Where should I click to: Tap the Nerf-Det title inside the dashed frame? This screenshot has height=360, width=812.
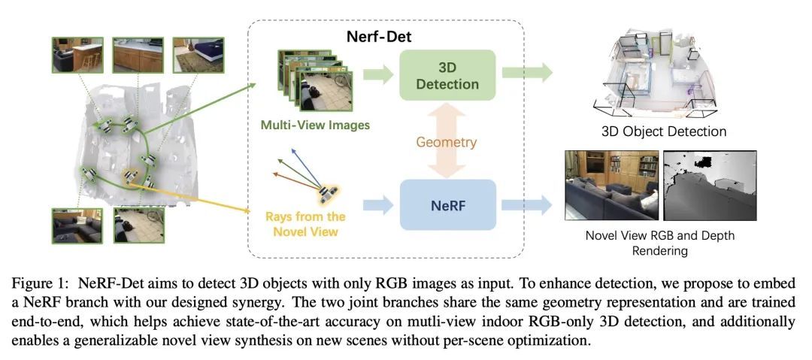378,35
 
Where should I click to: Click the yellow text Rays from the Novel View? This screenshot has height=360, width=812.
305,224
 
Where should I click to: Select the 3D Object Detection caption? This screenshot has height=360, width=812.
664,132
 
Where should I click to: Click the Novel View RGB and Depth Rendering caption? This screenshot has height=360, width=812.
659,243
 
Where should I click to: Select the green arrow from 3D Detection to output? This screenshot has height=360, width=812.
527,74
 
